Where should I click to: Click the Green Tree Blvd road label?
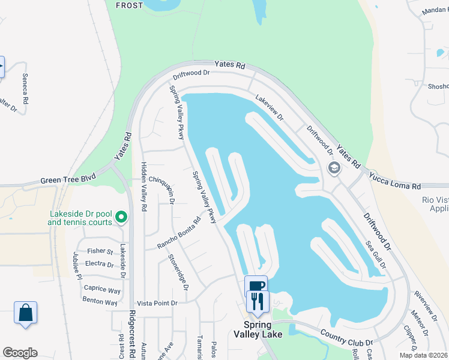(68, 179)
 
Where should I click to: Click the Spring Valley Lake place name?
(258, 329)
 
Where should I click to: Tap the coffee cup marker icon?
(255, 286)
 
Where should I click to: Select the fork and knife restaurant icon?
(258, 301)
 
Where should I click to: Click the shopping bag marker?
(25, 313)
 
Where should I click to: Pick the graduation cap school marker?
(334, 169)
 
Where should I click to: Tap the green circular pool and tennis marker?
(121, 217)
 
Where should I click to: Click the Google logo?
(20, 353)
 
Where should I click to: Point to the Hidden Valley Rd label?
(144, 186)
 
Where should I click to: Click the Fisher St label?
(100, 251)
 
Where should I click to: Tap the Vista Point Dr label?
(158, 304)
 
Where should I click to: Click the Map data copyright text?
(423, 355)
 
